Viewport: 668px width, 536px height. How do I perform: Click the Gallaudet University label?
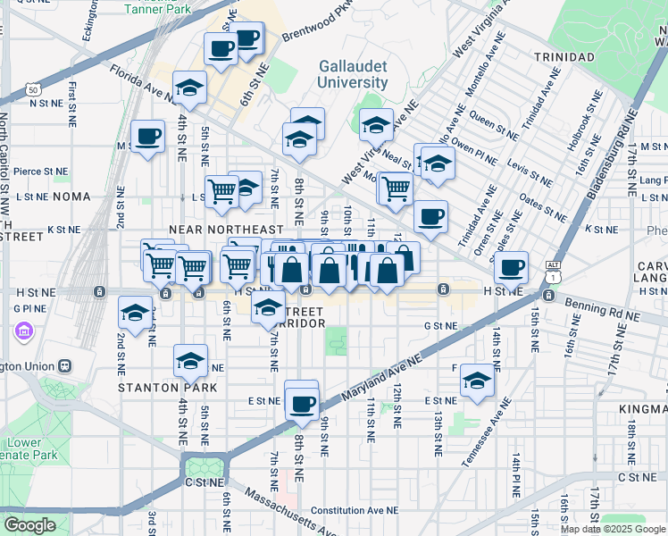click(x=355, y=74)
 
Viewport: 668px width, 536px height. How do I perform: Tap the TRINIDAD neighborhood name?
click(x=564, y=57)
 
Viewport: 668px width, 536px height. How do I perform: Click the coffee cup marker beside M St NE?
click(x=148, y=137)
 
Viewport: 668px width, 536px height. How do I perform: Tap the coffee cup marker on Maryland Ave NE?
click(x=302, y=404)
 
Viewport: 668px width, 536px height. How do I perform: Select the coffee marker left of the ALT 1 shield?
click(x=511, y=266)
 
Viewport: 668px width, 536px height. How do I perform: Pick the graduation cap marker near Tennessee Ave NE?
click(x=478, y=381)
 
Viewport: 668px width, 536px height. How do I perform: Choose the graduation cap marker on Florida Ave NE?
click(x=189, y=87)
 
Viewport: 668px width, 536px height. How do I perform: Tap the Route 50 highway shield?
click(x=33, y=90)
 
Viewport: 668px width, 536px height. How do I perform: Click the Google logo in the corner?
click(x=30, y=525)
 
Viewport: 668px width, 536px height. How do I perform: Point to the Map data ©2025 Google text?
click(x=614, y=529)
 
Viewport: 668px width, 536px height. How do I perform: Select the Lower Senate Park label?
click(x=24, y=449)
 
